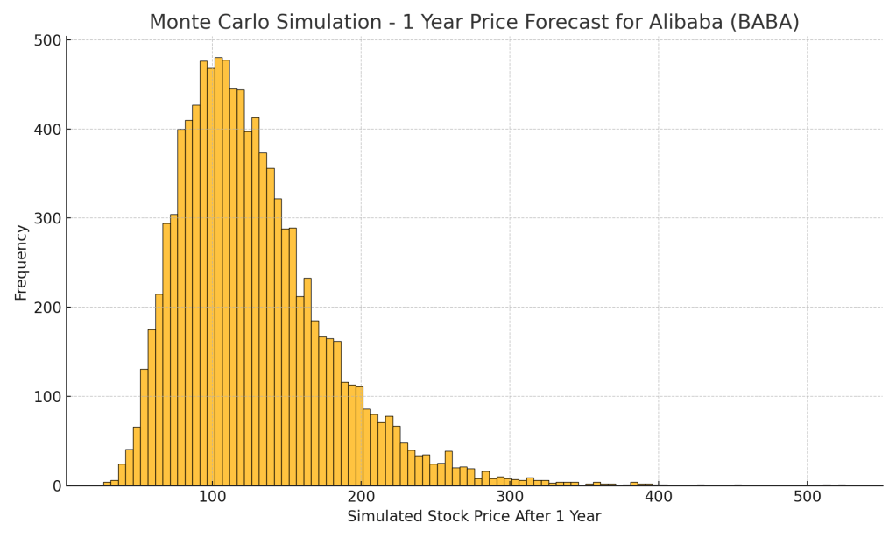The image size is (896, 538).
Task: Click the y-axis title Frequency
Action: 21,262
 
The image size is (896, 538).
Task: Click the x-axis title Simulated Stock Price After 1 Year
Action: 474,517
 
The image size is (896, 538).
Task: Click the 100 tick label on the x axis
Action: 212,497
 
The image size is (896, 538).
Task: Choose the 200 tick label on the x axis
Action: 361,497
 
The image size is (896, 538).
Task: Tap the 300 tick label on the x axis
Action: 510,497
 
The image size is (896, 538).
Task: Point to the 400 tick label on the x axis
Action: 659,497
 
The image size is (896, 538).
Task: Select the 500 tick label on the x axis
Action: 808,497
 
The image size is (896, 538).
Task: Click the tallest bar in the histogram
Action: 218,272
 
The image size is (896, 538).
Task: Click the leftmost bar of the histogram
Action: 107,484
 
